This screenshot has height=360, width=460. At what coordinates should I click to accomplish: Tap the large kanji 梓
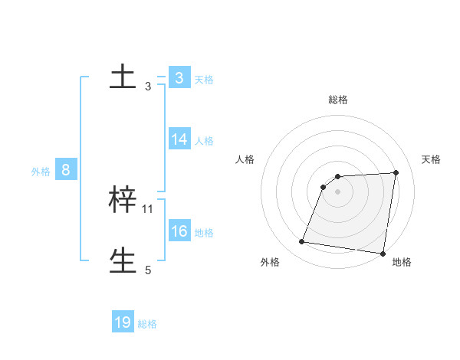coord(123,200)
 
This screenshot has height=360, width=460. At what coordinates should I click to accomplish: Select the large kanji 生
coord(123,260)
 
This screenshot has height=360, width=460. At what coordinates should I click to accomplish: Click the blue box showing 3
coord(179,78)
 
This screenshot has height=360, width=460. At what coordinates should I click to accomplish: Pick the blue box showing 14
coord(179,139)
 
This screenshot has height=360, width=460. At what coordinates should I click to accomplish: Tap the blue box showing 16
coord(179,231)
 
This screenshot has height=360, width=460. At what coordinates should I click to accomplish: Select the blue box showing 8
coord(66,170)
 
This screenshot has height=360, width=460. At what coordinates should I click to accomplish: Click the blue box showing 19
coord(123,322)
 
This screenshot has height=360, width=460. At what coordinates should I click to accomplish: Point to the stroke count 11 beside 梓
coord(148,208)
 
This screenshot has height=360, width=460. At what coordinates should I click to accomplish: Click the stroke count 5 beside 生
coord(148,270)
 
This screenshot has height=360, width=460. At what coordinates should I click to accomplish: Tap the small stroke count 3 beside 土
coord(148,87)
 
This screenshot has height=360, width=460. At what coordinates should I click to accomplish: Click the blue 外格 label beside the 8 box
coord(41,172)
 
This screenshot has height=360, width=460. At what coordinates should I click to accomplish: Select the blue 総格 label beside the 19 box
coord(147,324)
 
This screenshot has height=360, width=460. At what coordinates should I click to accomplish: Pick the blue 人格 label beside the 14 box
coord(204,141)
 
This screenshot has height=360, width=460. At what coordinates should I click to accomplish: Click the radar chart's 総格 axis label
coord(337,100)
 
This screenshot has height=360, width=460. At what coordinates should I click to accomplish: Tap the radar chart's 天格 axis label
coord(432,159)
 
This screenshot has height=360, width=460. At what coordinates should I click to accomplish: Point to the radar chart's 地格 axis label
coord(402,263)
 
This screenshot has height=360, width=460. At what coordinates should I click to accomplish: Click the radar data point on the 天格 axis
coord(396,172)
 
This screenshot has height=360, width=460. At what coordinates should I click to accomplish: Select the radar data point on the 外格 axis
coord(302,242)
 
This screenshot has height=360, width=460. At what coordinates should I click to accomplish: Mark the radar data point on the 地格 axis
coord(382,254)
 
